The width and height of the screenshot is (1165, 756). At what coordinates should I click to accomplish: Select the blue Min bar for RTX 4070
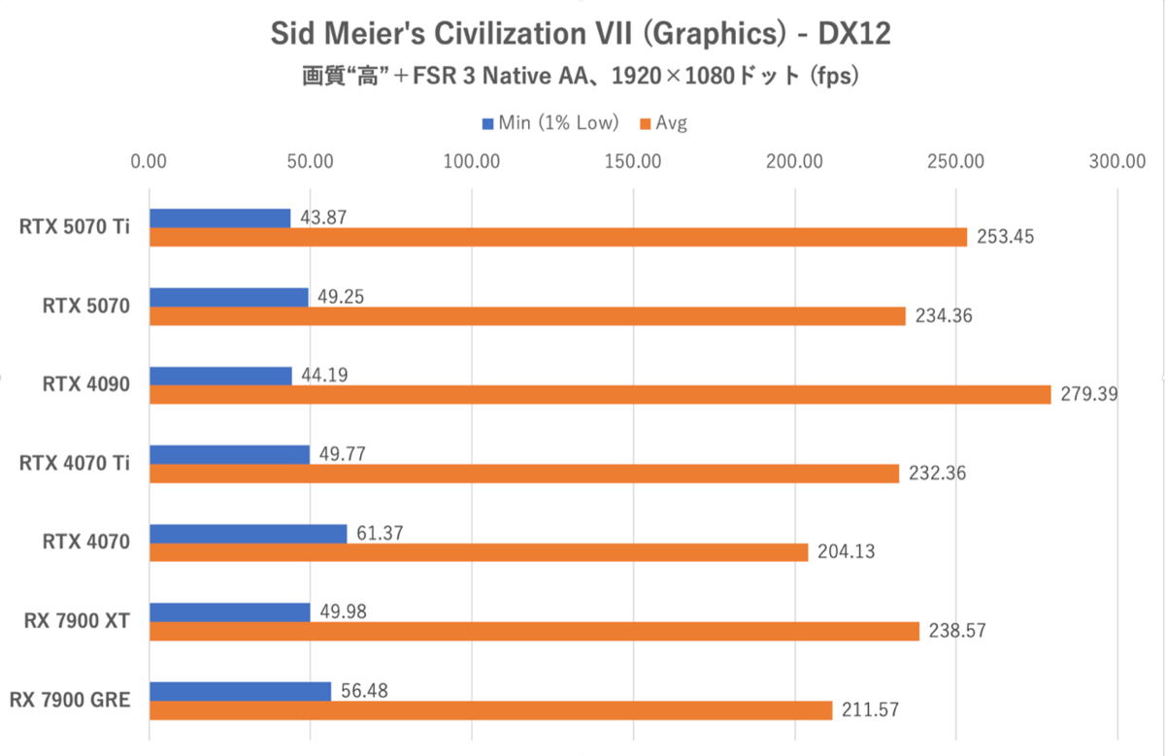click(248, 534)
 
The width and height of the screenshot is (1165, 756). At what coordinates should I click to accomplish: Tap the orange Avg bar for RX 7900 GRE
click(490, 710)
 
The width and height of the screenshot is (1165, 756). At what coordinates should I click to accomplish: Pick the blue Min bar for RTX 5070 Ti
click(219, 218)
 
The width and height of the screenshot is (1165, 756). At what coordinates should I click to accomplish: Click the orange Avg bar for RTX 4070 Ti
click(524, 474)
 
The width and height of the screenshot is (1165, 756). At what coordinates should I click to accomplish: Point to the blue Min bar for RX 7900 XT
click(229, 612)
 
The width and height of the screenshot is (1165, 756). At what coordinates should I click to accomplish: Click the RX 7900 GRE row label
click(69, 700)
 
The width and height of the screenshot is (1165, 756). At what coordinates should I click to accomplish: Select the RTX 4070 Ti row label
click(74, 464)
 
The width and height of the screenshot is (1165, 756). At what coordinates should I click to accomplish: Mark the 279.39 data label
click(1087, 395)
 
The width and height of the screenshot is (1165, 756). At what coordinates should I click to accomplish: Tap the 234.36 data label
click(942, 316)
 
